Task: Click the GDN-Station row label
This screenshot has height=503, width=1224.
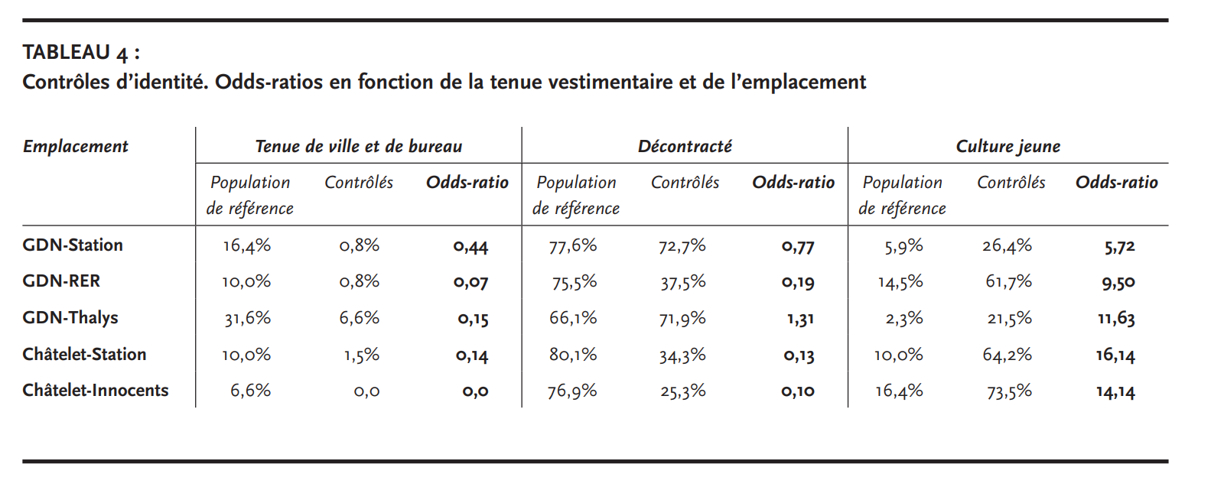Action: (x=73, y=245)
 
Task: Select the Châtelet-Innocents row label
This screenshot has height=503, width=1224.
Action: (x=96, y=391)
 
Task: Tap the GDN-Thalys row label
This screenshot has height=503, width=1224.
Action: (x=70, y=319)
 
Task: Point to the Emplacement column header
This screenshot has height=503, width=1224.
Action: (x=76, y=146)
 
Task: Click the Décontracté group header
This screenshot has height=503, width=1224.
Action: (x=685, y=146)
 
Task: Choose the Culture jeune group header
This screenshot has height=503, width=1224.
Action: (x=1008, y=146)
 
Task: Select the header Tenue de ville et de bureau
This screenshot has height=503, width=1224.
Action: (x=359, y=146)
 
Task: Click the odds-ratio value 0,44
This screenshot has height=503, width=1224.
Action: (x=470, y=247)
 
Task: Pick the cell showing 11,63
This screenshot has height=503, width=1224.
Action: (x=1116, y=319)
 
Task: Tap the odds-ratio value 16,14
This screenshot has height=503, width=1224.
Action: (x=1115, y=355)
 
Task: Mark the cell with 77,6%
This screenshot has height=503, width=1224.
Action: (x=573, y=246)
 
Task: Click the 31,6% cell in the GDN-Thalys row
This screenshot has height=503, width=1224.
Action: (x=248, y=319)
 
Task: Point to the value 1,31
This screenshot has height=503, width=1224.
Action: (x=800, y=319)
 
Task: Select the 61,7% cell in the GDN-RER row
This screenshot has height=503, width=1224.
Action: (x=1009, y=282)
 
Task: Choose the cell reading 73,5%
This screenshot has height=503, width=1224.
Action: (x=1009, y=391)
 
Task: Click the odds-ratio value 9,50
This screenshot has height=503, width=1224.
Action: (x=1118, y=283)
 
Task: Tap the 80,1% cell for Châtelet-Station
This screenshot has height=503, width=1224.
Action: (x=573, y=355)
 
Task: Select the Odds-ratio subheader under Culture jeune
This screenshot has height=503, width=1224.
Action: (x=1117, y=183)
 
